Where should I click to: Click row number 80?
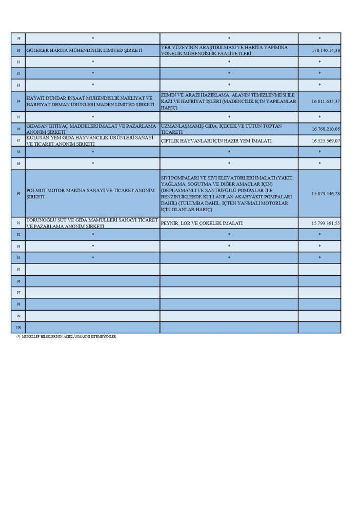(x=18, y=50)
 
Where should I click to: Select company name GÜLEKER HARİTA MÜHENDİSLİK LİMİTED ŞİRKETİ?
(x=84, y=50)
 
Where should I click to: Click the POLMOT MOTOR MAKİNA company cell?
(x=92, y=194)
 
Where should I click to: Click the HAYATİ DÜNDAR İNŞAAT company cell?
(x=92, y=101)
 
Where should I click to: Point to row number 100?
(x=18, y=327)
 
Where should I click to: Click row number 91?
(x=18, y=223)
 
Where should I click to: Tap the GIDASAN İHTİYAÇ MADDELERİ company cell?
(x=92, y=129)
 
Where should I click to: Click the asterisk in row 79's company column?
(x=93, y=38)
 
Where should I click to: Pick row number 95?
(x=18, y=269)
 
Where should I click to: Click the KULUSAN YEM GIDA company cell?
(x=92, y=140)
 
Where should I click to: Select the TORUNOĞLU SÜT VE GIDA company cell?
(x=92, y=223)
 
